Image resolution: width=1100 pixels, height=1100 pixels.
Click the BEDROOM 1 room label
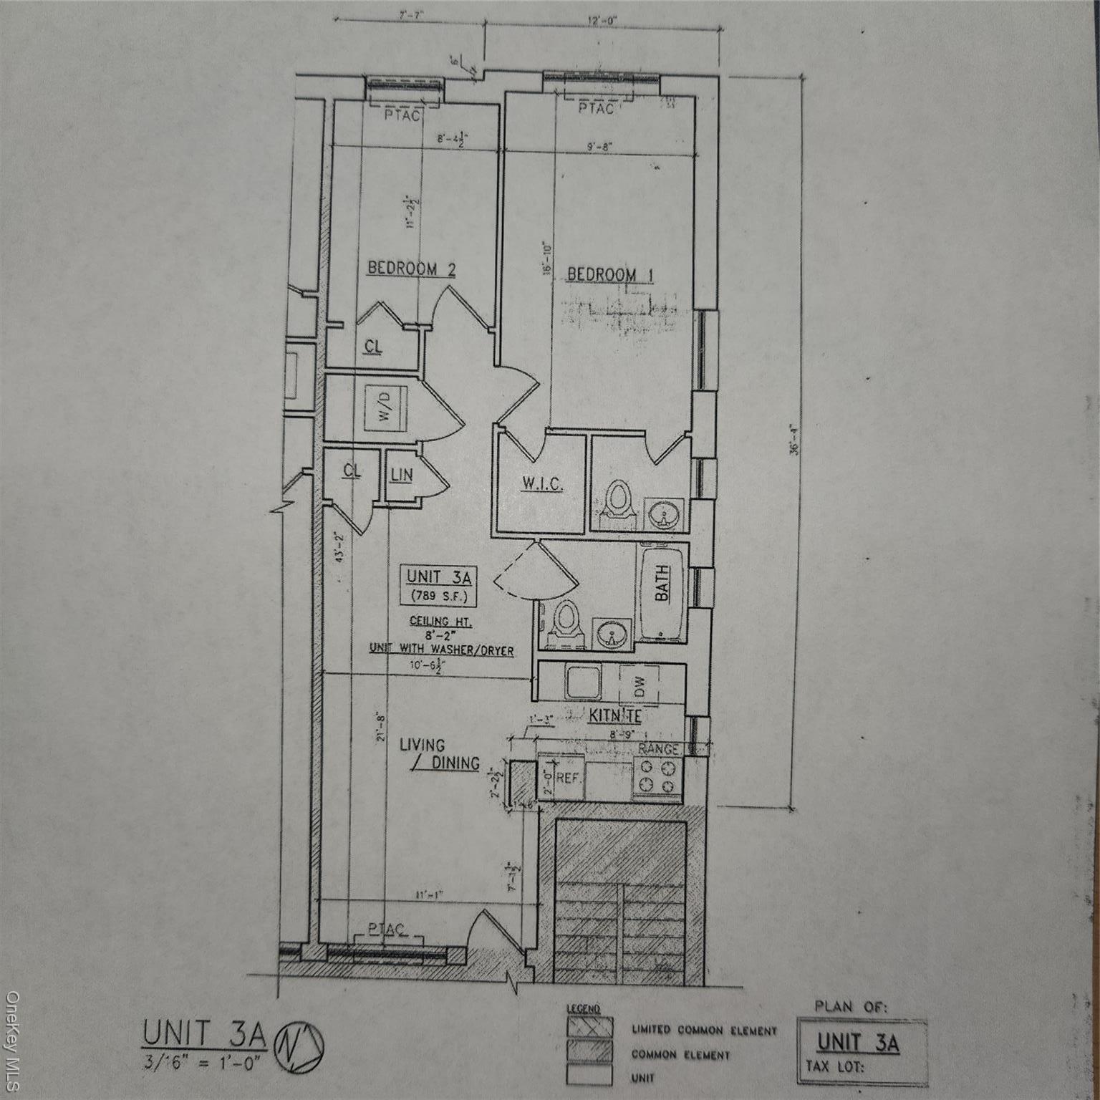pos(610,274)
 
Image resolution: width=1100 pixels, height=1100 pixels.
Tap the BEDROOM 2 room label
pos(411,269)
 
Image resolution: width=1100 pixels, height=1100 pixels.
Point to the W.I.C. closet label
pos(541,484)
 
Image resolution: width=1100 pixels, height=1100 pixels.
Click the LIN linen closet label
pos(402,474)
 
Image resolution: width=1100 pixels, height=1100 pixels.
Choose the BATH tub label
pos(662,583)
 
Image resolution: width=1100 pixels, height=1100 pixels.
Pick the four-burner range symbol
pos(657,776)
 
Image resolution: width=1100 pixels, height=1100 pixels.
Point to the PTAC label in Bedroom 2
pos(402,115)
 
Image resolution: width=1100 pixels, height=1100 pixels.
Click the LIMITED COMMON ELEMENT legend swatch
pos(590,1026)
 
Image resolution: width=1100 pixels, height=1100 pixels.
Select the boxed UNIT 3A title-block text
pos(858,1041)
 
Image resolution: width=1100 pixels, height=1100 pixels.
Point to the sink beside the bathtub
pos(611,634)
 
